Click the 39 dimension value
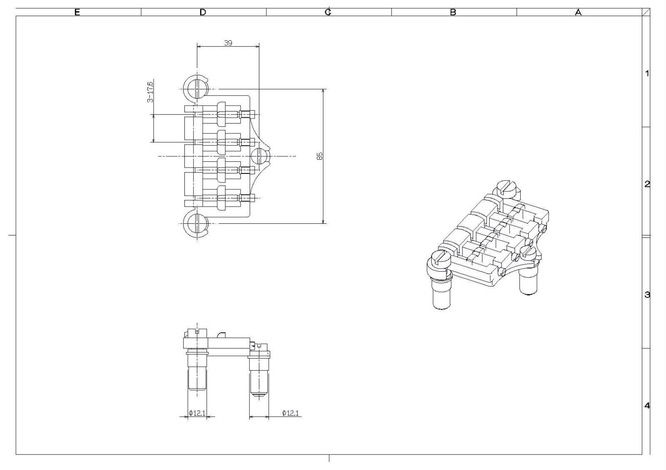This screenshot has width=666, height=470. (228, 43)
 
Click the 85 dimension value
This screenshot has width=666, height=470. (320, 156)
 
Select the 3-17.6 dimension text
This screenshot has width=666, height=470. (150, 92)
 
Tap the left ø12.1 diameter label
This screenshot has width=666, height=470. (197, 413)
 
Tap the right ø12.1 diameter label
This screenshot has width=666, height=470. (291, 413)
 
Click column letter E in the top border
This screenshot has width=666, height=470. (77, 12)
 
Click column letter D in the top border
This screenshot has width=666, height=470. (203, 12)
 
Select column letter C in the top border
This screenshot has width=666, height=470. (328, 12)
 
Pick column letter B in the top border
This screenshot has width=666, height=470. (453, 12)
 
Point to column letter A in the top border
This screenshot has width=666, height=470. (578, 12)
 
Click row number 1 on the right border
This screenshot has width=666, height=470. (647, 73)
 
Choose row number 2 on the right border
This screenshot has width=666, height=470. (647, 184)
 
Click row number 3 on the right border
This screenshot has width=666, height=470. (647, 295)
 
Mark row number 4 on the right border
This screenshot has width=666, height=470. (647, 406)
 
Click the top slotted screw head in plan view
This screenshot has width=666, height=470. (197, 89)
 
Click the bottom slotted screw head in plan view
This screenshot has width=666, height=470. (197, 223)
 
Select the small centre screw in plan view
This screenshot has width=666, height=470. (259, 156)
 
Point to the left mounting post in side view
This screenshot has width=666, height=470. (197, 371)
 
